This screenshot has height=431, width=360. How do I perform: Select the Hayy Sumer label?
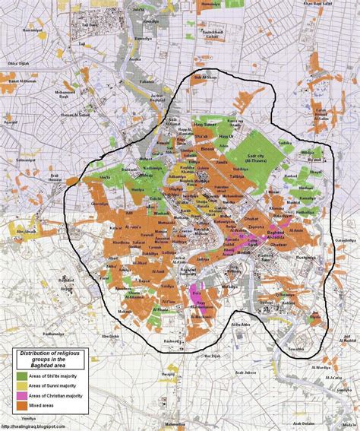pos(206,122)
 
